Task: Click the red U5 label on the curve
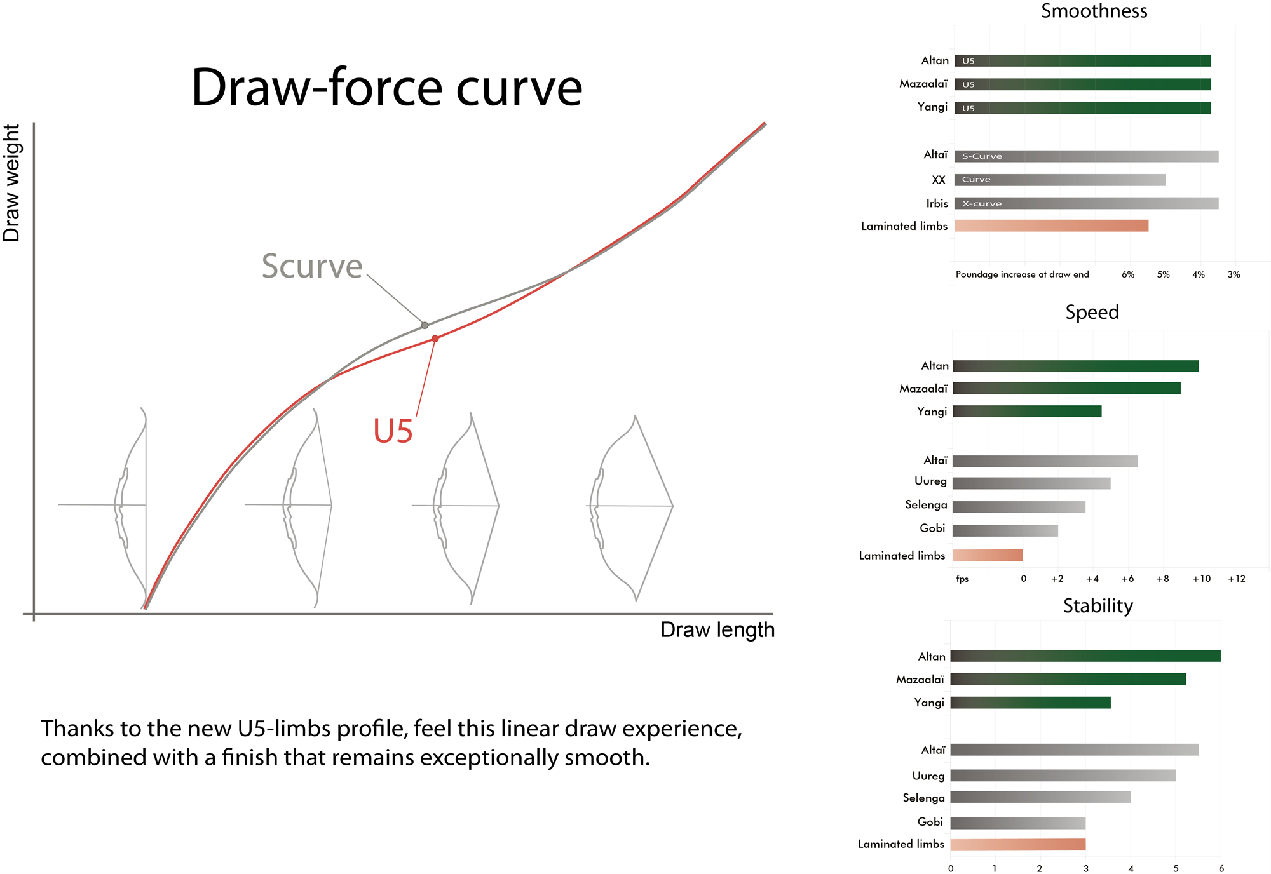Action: (x=393, y=431)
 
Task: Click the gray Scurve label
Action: (x=312, y=266)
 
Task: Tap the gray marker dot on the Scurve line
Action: (x=425, y=325)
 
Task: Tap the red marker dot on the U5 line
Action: (x=435, y=339)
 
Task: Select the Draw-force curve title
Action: (x=386, y=88)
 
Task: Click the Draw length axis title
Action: (x=717, y=630)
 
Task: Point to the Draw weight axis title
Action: (x=12, y=183)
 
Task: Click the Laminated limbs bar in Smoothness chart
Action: (x=1051, y=225)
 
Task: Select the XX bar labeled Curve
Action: (x=1060, y=180)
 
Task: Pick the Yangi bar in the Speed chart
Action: (x=1027, y=412)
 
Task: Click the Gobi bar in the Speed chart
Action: (x=1005, y=530)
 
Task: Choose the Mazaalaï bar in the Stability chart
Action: (x=1068, y=679)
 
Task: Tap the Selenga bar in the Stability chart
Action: (x=1040, y=797)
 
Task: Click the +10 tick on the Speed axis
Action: (x=1201, y=579)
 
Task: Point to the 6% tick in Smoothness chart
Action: (x=1128, y=274)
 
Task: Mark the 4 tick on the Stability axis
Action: (x=1131, y=868)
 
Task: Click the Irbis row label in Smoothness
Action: (x=937, y=203)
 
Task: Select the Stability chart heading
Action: (x=1098, y=606)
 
